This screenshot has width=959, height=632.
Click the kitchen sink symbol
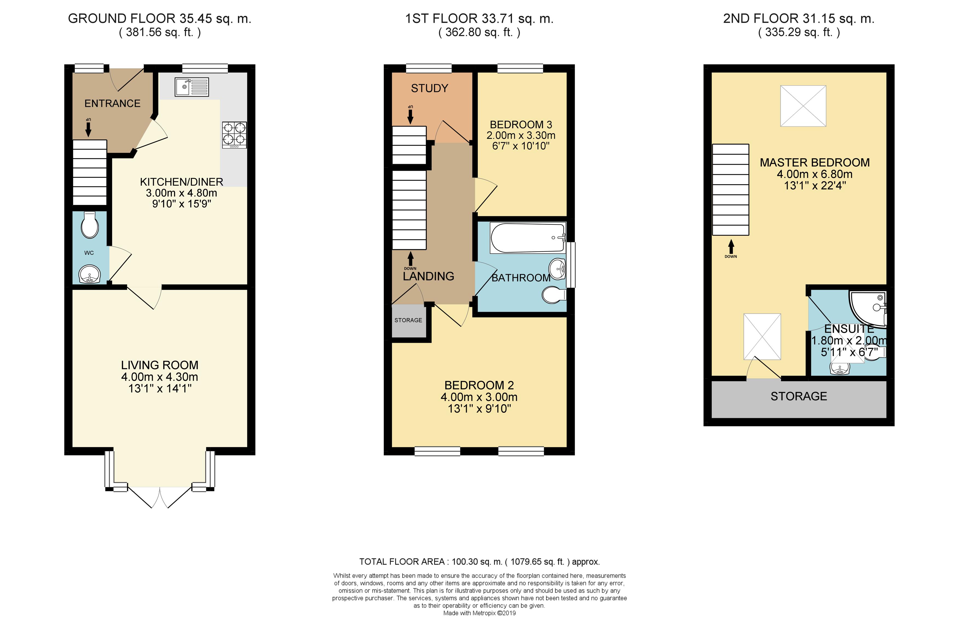[191, 87]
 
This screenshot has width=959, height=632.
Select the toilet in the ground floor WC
[89, 225]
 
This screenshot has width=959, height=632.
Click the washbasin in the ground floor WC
[89, 274]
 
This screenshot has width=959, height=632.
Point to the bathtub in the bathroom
[527, 238]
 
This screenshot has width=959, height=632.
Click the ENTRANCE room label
[112, 104]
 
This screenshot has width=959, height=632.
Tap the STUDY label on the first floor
[429, 88]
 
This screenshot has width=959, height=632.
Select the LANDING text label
[428, 276]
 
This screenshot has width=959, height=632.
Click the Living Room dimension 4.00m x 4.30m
[160, 377]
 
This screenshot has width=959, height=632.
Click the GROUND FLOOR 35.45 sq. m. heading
[160, 19]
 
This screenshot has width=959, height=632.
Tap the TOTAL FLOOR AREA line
[479, 561]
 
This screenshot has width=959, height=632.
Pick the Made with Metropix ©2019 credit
[479, 613]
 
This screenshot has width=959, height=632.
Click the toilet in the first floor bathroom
[554, 295]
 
